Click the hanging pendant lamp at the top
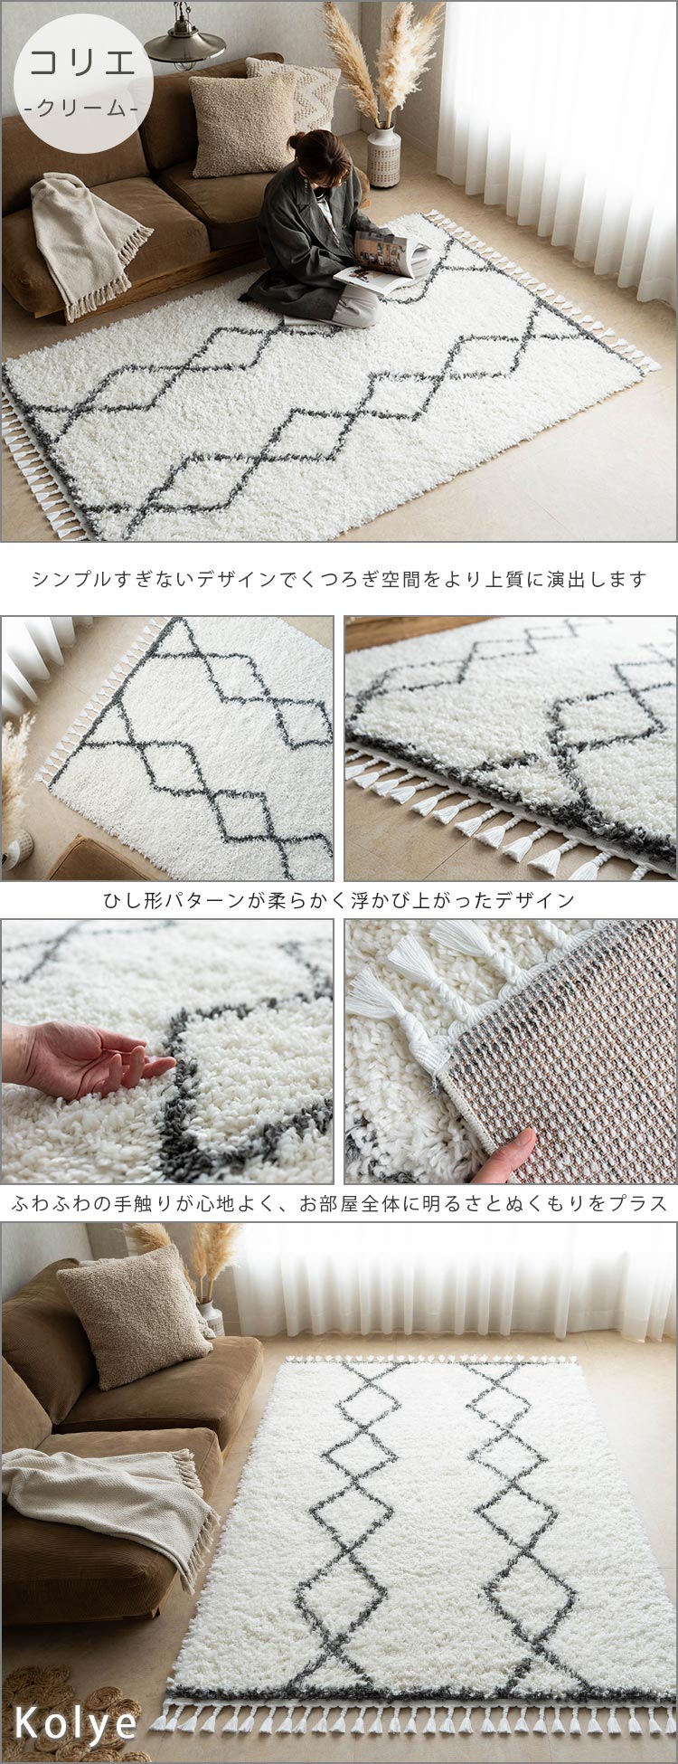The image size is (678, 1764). [185, 41]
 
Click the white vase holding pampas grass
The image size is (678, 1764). [383, 156]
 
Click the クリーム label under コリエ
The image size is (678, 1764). [82, 107]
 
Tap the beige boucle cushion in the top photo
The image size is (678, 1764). [239, 121]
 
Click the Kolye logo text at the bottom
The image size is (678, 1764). [76, 1724]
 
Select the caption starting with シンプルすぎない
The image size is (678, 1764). [339, 579]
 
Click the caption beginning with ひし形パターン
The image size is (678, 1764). [339, 900]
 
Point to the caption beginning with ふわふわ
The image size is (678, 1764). [339, 1203]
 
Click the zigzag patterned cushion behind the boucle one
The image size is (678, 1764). [307, 90]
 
